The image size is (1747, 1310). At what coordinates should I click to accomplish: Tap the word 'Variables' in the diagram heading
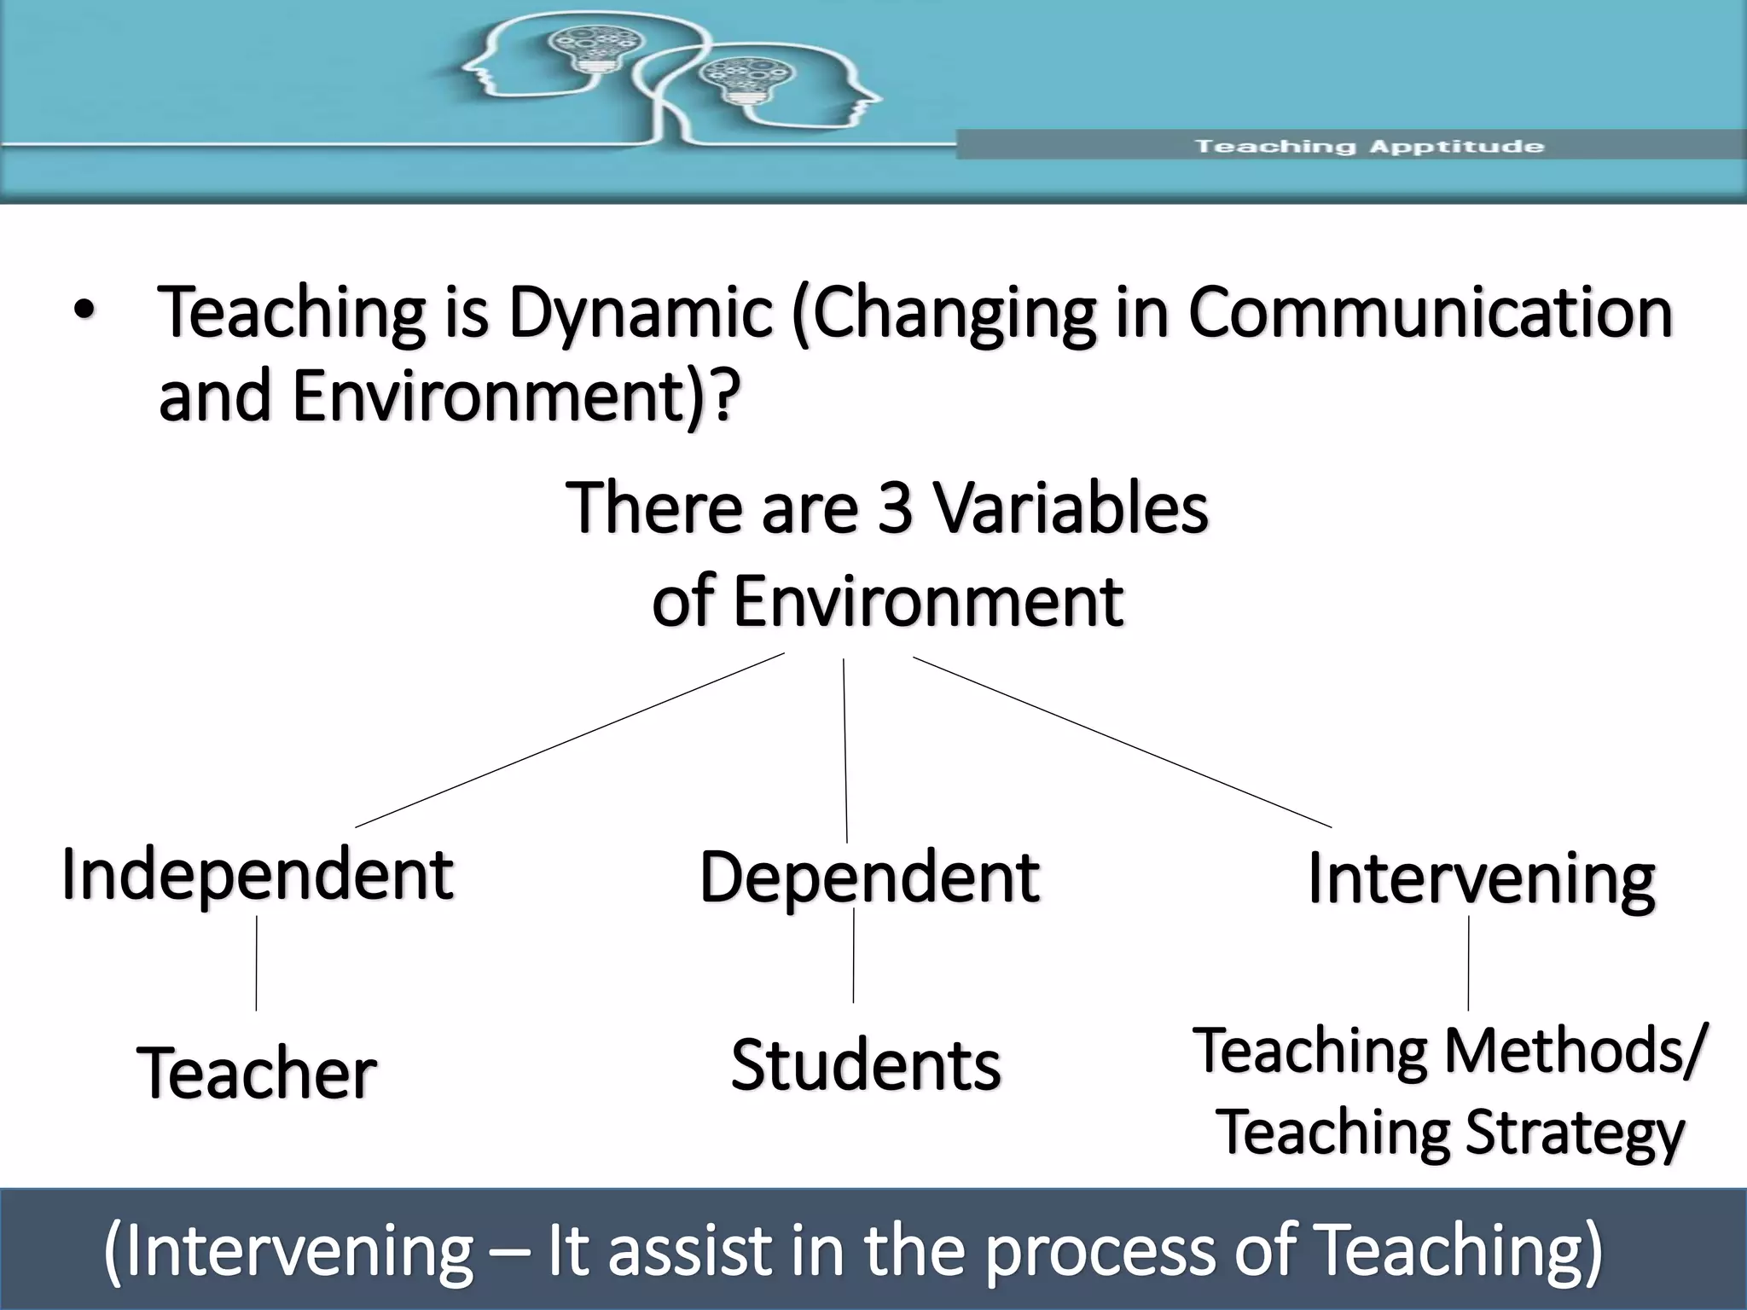(x=1071, y=508)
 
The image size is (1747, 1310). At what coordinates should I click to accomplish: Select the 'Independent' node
(x=257, y=875)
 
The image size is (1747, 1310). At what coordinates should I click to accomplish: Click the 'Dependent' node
(x=868, y=878)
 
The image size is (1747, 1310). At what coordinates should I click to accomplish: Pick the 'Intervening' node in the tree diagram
(x=1481, y=880)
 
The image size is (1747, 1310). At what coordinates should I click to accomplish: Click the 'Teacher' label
(x=256, y=1073)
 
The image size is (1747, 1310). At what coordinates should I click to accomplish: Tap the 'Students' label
(x=865, y=1066)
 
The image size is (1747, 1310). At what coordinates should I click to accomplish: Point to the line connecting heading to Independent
(x=570, y=740)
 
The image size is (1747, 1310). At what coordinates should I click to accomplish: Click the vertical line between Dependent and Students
(x=853, y=955)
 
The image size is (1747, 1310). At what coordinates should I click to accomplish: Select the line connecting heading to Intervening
(x=1122, y=742)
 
